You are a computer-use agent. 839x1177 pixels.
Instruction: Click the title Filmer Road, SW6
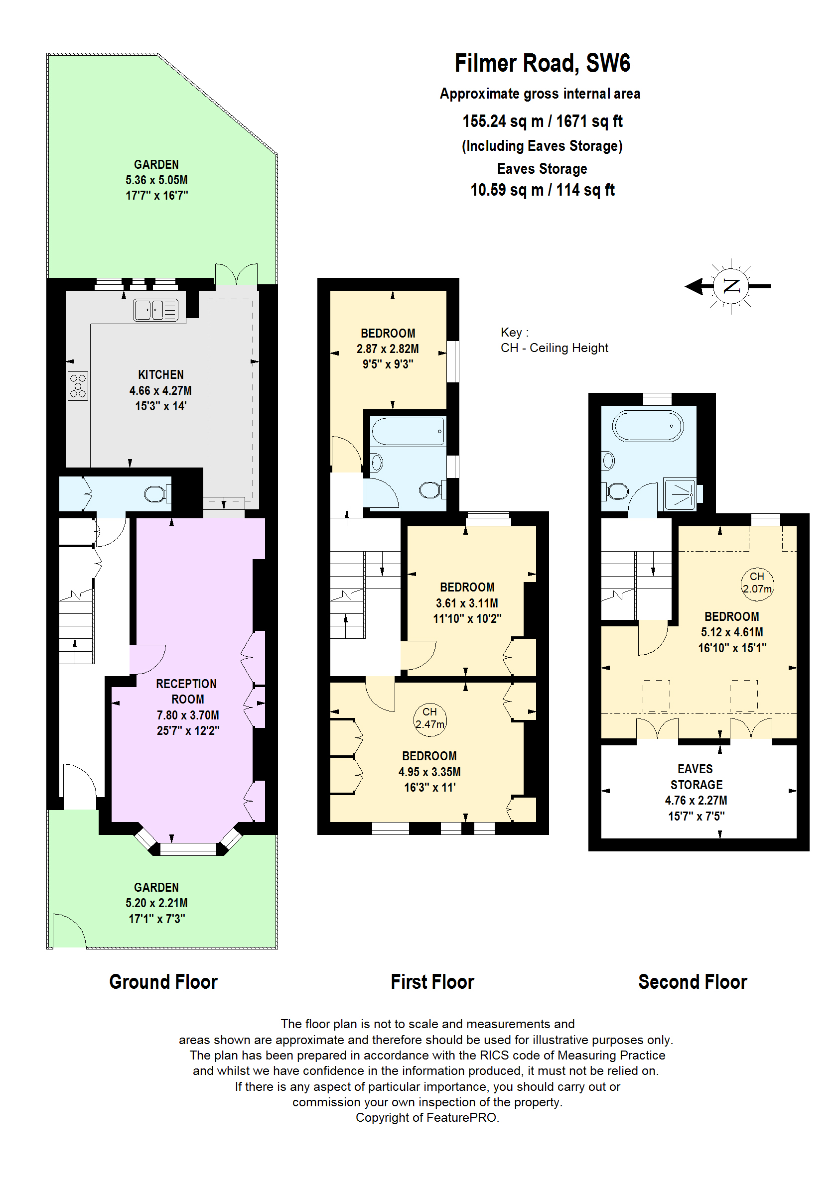point(542,64)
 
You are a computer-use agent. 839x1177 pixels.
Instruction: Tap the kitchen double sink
point(155,310)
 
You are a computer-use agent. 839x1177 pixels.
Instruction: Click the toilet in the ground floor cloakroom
point(155,493)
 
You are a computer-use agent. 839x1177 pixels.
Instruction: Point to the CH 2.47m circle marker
point(429,718)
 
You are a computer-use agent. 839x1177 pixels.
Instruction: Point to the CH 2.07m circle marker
point(757,584)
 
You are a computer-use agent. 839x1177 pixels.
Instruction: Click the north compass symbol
point(730,286)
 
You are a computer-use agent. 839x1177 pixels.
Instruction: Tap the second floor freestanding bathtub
point(647,426)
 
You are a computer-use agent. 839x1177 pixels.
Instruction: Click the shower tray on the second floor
point(680,494)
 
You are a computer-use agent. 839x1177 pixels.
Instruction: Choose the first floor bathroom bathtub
point(408,431)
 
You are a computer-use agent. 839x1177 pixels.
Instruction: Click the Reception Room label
point(187,691)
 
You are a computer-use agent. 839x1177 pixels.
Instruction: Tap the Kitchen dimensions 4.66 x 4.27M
point(160,391)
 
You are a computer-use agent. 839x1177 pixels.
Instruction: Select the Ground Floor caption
point(163,981)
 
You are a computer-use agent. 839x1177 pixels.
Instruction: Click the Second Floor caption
point(693,981)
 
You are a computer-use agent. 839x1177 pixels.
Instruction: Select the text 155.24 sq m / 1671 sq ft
point(542,121)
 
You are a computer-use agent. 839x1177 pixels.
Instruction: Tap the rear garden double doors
point(236,274)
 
